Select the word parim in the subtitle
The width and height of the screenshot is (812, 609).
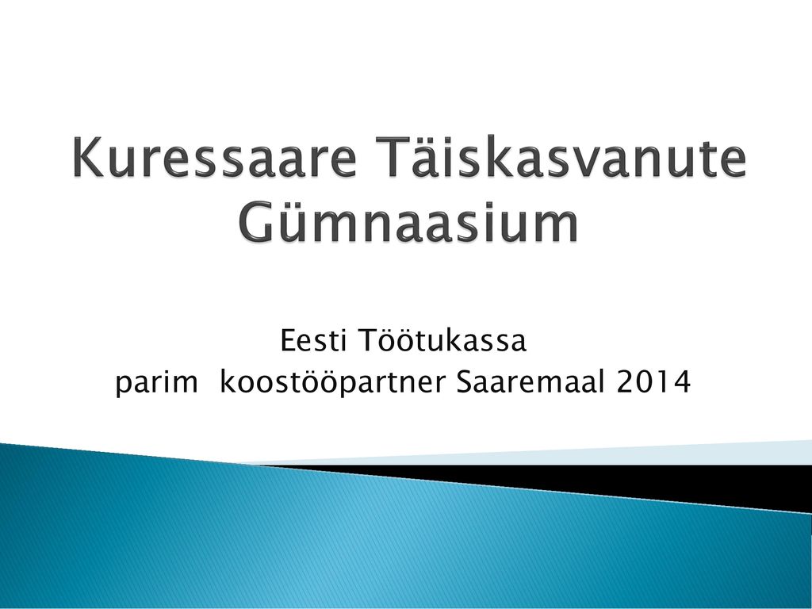pos(156,384)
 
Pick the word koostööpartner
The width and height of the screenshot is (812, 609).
pos(332,382)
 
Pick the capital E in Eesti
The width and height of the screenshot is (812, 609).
pos(289,341)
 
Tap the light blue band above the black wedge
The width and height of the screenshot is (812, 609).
pos(569,456)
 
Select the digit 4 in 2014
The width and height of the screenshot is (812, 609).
pos(681,382)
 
